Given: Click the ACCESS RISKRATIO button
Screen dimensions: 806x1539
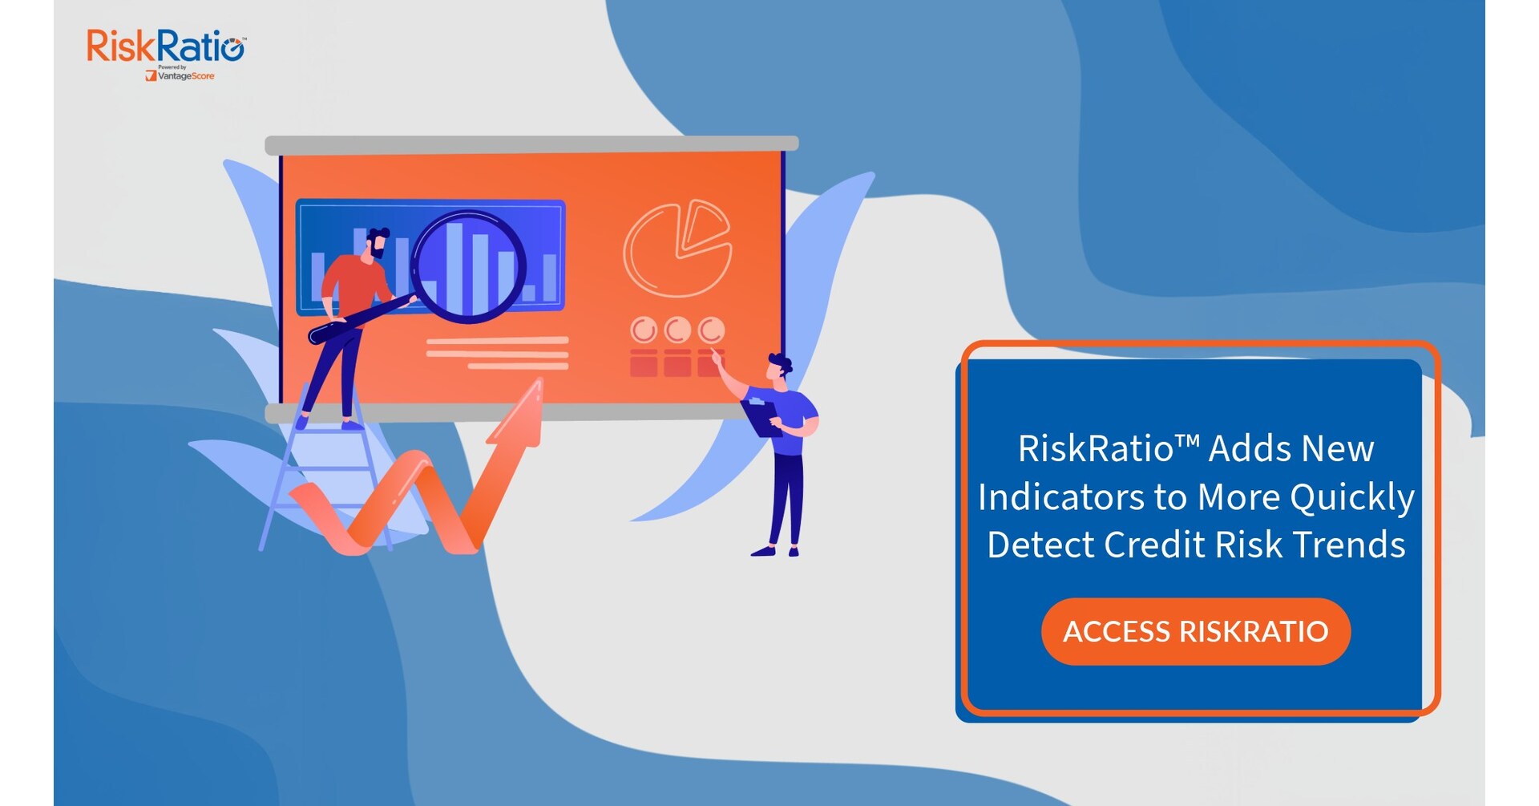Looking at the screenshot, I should (x=1195, y=632).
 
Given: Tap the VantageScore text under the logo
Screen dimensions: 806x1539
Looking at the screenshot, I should (x=185, y=76).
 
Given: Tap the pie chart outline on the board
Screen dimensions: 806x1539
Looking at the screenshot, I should (x=677, y=249).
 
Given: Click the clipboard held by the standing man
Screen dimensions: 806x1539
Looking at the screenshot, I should (x=761, y=417).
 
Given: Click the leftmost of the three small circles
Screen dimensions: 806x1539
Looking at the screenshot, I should (x=644, y=330).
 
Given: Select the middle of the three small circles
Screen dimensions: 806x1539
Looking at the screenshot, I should (x=678, y=330).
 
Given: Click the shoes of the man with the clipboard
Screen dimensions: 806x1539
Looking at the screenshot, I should (x=774, y=551).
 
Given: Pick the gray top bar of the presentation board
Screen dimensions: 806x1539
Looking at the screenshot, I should (x=531, y=144).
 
